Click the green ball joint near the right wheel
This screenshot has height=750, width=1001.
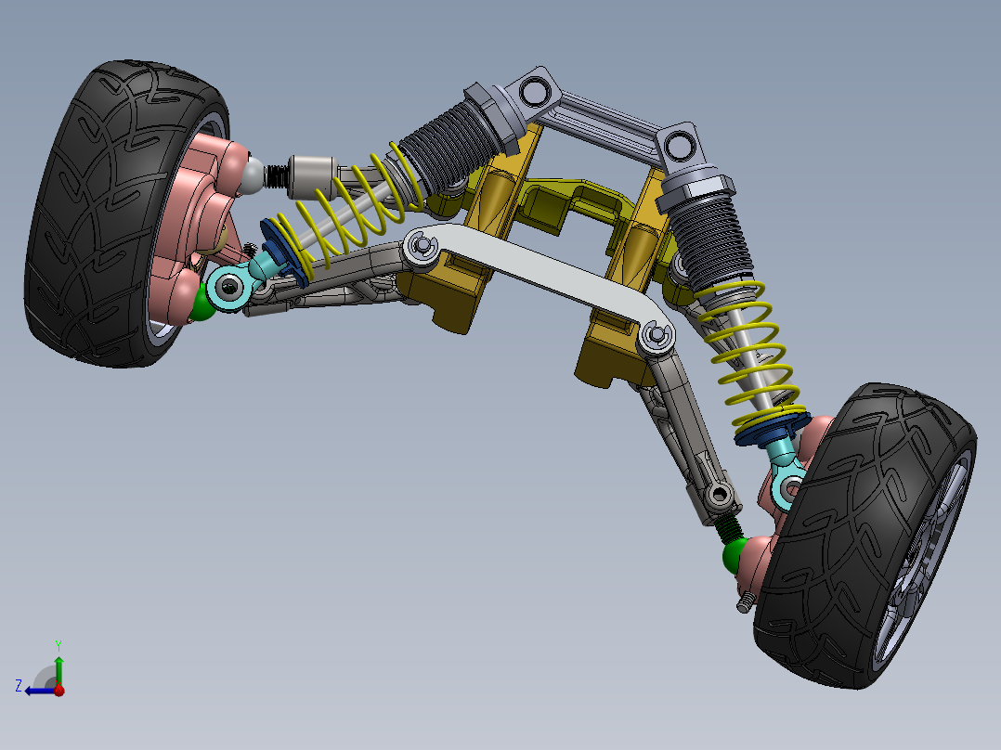point(735,555)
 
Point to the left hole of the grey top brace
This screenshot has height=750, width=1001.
point(535,91)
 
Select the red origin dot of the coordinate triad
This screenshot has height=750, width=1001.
point(59,691)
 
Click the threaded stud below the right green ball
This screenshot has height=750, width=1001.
point(744,602)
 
